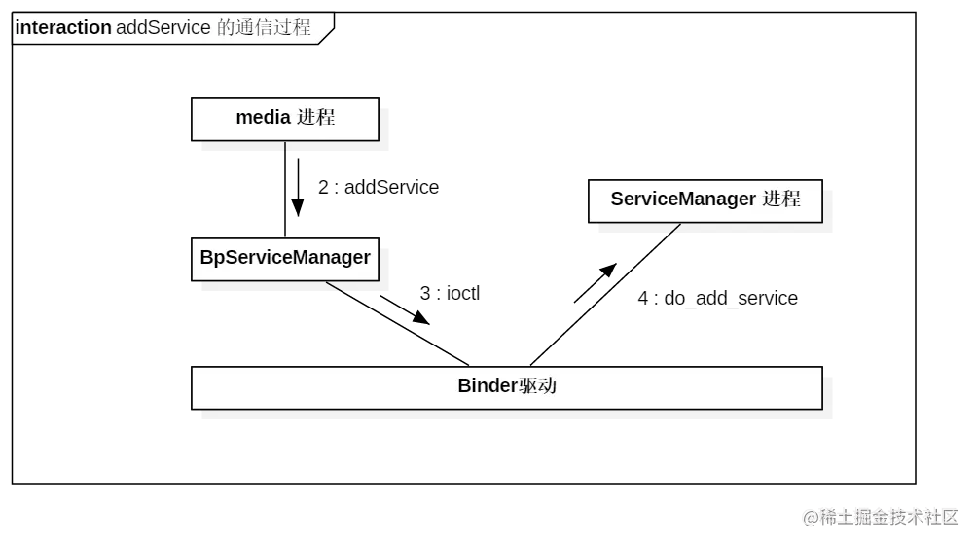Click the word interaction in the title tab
pyautogui.click(x=63, y=28)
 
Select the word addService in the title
pyautogui.click(x=163, y=28)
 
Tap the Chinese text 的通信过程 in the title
pyautogui.click(x=263, y=28)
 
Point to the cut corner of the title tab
pyautogui.click(x=327, y=34)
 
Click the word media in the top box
pyautogui.click(x=263, y=118)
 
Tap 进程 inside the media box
pyautogui.click(x=316, y=118)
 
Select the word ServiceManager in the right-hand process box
pyautogui.click(x=683, y=199)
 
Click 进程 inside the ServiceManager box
pyautogui.click(x=781, y=199)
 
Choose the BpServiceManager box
pyautogui.click(x=284, y=258)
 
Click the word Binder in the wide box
pyautogui.click(x=488, y=386)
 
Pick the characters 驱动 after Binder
pyautogui.click(x=537, y=386)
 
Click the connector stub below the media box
pyautogui.click(x=284, y=150)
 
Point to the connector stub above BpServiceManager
pyautogui.click(x=284, y=235)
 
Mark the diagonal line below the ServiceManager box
pyautogui.click(x=674, y=230)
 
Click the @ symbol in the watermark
pyautogui.click(x=810, y=517)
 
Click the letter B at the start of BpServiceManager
pyautogui.click(x=206, y=258)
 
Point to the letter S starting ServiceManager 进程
pyautogui.click(x=617, y=199)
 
